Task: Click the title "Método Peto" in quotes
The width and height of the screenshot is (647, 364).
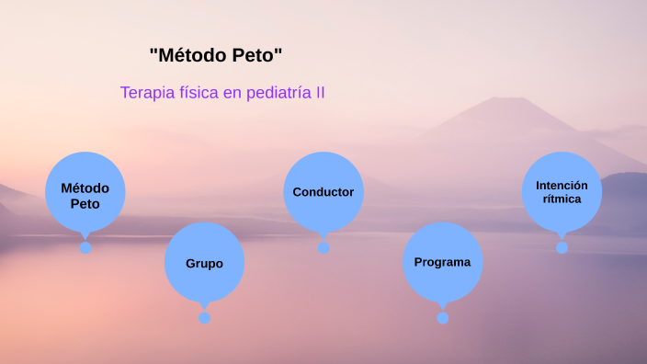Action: [215, 55]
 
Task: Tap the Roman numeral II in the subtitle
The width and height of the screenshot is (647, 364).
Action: [320, 93]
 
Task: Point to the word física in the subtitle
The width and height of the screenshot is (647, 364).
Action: [199, 93]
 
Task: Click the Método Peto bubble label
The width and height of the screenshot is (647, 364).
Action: [85, 195]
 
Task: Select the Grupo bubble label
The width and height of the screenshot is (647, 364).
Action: [204, 263]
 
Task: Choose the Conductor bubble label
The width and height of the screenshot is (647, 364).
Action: [323, 192]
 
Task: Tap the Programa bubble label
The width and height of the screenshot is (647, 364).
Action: [442, 262]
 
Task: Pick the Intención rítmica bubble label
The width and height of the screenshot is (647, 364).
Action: [562, 191]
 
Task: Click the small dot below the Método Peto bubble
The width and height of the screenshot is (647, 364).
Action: [85, 247]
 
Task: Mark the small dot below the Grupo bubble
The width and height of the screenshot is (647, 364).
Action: [204, 318]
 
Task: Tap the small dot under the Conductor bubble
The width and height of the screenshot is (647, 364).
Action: [323, 247]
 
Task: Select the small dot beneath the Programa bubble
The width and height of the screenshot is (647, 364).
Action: [443, 318]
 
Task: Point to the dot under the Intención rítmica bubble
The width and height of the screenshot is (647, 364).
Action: [562, 247]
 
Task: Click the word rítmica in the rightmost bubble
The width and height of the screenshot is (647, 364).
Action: [562, 199]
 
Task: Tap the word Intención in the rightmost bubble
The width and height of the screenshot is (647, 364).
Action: [562, 185]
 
